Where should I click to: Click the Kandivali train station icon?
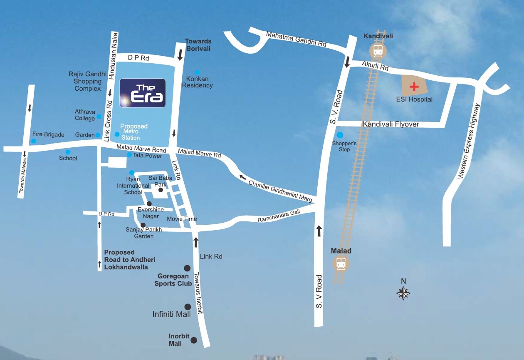[378, 51]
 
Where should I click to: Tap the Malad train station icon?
[341, 263]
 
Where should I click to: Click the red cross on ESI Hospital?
[414, 87]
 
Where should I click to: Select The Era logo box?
[143, 93]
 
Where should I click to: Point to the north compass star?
[403, 293]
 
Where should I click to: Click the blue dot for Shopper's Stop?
[340, 135]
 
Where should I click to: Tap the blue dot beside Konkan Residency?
[197, 72]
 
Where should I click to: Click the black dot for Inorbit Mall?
[193, 340]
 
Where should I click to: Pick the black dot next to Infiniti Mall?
[188, 307]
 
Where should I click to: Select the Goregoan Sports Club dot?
[187, 268]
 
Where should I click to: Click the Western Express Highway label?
[469, 142]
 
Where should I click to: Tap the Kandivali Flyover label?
[391, 124]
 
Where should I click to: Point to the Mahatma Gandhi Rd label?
[297, 40]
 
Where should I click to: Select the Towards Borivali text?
[198, 45]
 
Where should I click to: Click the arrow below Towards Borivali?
[180, 55]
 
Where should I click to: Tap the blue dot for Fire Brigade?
[34, 141]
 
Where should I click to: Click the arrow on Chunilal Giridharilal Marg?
[242, 177]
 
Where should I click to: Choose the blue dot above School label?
[68, 152]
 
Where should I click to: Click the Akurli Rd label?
[375, 66]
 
